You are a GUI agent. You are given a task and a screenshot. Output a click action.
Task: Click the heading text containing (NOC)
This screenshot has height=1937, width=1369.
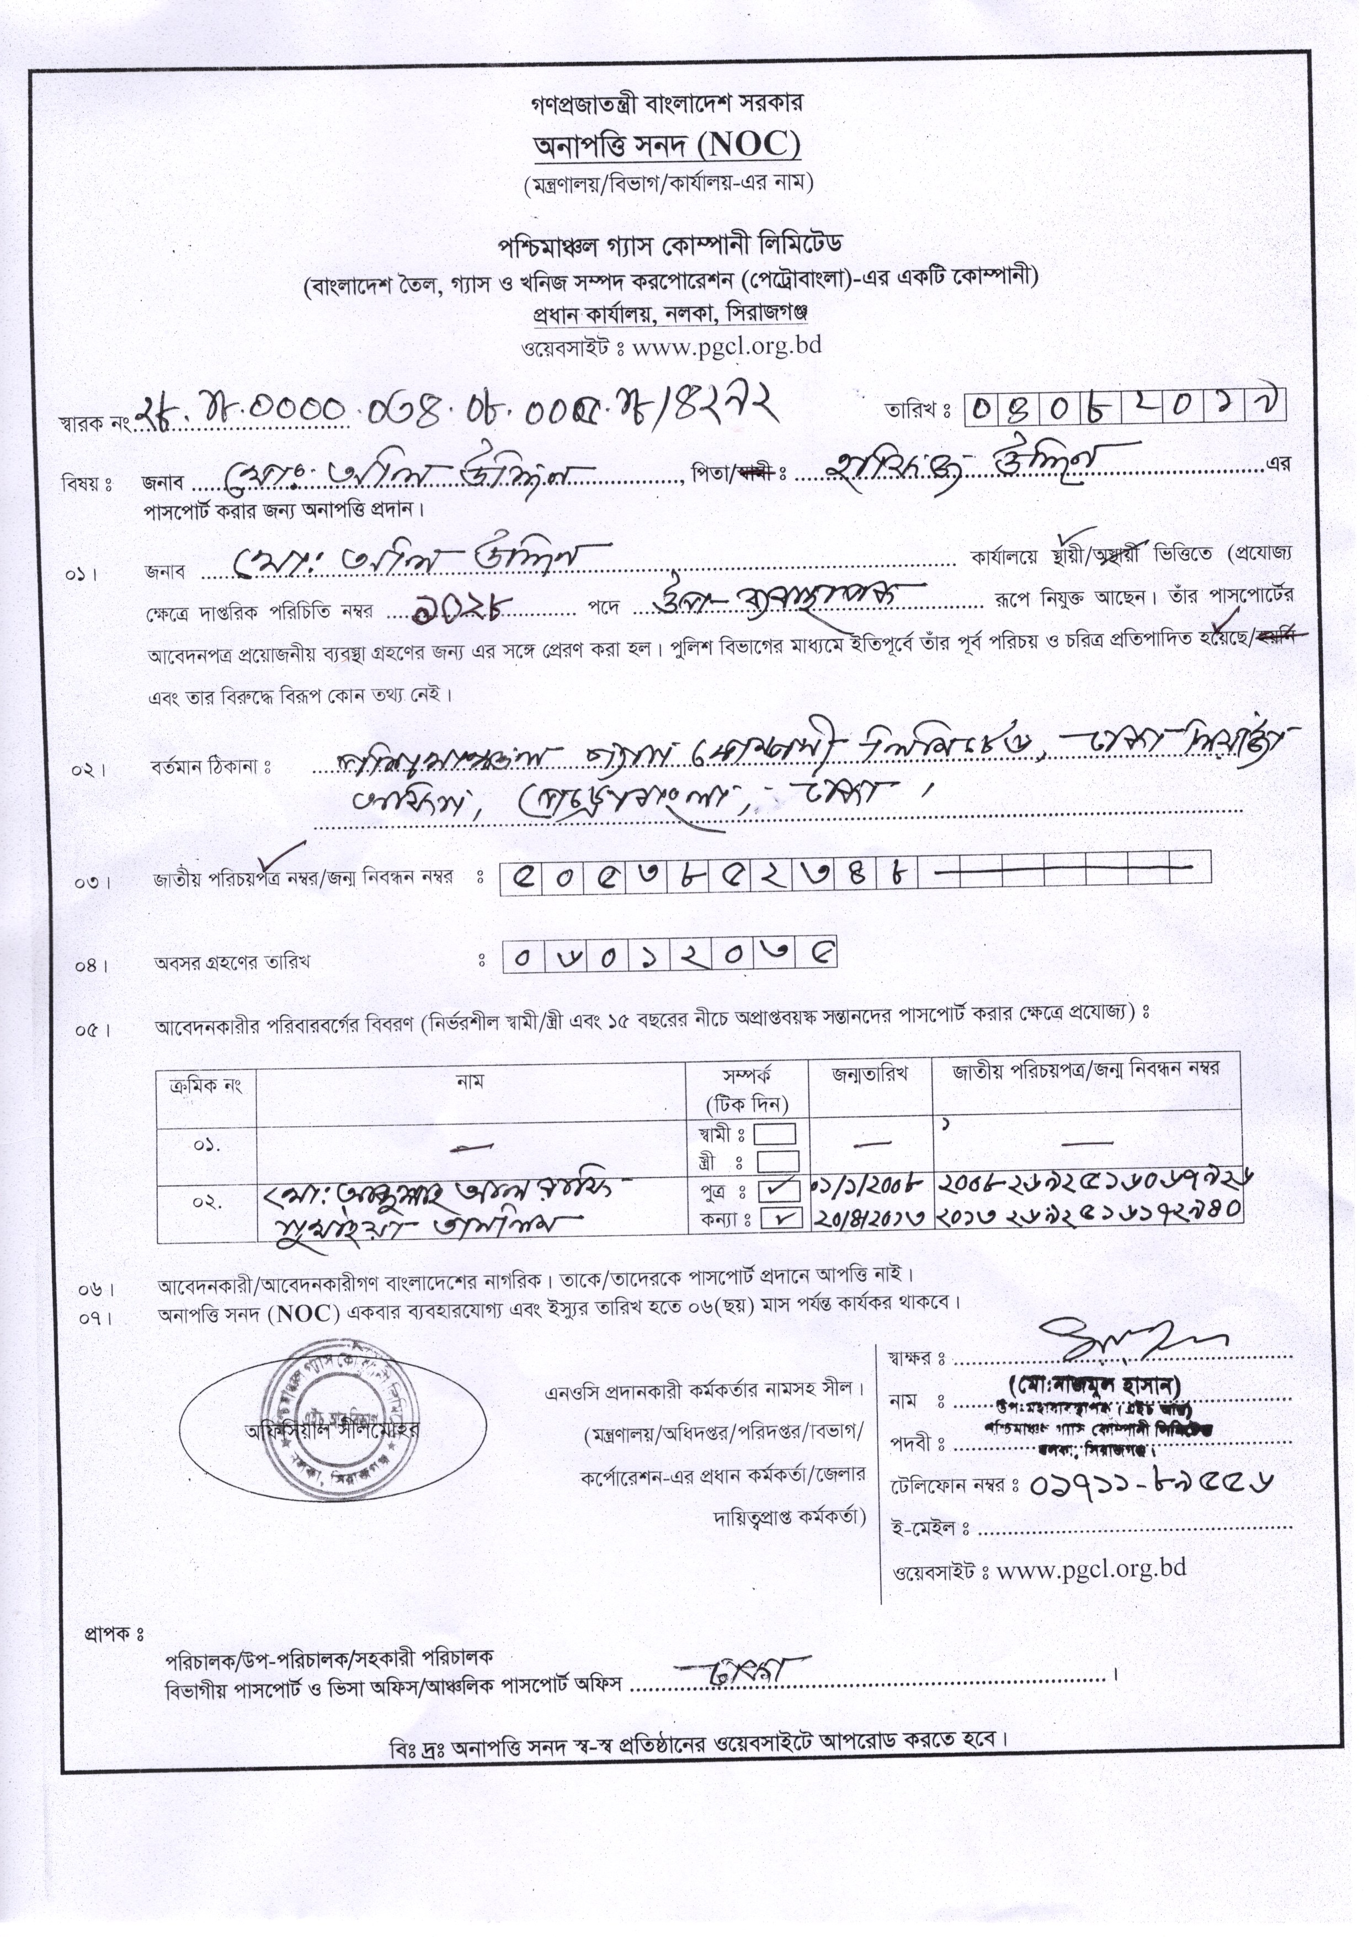667,145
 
